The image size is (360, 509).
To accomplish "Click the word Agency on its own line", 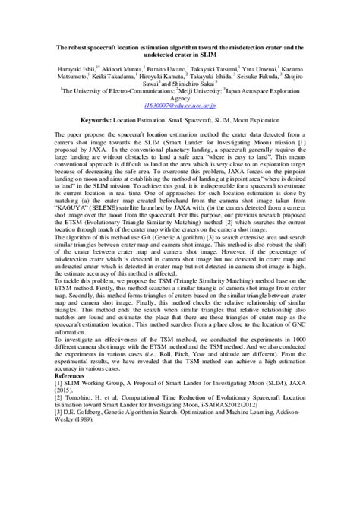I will pos(180,98).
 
